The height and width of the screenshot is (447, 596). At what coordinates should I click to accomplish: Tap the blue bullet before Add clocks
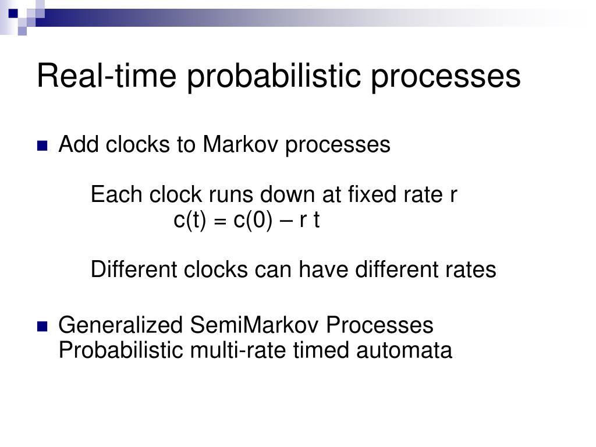click(42, 146)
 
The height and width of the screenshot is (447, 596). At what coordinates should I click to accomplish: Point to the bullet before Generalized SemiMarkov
click(42, 327)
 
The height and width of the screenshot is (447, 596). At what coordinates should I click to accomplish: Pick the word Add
click(77, 144)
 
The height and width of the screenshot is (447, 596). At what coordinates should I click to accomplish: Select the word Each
click(116, 194)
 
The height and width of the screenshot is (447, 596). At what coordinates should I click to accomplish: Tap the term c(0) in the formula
click(253, 220)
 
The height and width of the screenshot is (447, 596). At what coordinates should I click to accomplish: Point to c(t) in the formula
click(190, 220)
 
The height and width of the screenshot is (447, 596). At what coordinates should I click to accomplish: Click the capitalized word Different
click(134, 269)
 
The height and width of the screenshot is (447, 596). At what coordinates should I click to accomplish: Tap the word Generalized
click(120, 325)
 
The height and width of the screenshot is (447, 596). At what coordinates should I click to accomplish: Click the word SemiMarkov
click(254, 325)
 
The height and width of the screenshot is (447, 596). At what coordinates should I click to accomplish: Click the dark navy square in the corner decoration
click(13, 14)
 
